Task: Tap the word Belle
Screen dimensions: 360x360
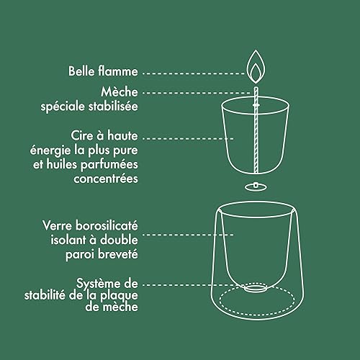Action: [x=81, y=71]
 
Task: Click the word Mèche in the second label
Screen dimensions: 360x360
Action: [x=120, y=91]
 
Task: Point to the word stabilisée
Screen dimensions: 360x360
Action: [x=114, y=106]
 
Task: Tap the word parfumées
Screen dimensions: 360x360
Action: [x=109, y=165]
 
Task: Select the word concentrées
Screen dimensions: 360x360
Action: [x=106, y=179]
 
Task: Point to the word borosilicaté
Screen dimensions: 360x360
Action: [x=107, y=225]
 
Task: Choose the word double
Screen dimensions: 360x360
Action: [x=119, y=240]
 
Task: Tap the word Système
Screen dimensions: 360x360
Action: [x=98, y=284]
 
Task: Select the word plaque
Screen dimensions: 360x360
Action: [x=119, y=296]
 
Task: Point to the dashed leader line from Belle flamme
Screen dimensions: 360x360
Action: [x=193, y=73]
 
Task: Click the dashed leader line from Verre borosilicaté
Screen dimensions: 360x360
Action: [x=188, y=235]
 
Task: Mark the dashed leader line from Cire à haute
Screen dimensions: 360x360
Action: [x=188, y=138]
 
